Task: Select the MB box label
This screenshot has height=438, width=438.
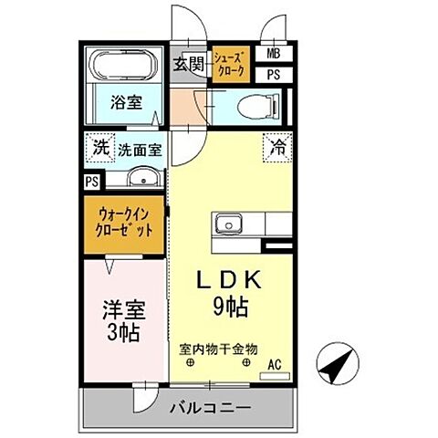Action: [x=274, y=55]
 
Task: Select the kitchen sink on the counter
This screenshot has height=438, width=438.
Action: [x=227, y=224]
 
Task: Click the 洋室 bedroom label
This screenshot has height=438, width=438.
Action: [x=125, y=309]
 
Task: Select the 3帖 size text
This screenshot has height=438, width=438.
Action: [x=124, y=333]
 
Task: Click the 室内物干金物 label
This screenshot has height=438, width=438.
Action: [x=219, y=349]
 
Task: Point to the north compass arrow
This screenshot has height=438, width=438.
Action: [x=336, y=368]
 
